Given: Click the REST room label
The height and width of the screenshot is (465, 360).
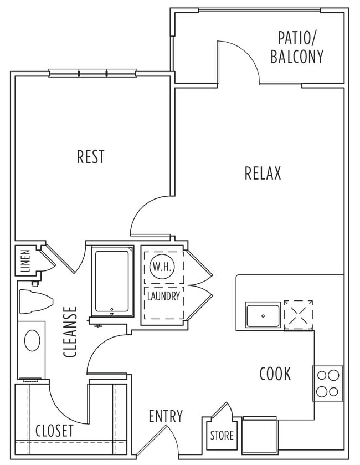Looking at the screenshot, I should (x=90, y=156).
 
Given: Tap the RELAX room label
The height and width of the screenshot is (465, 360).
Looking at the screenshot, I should (x=263, y=173).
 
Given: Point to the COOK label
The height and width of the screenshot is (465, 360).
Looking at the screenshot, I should (x=275, y=374).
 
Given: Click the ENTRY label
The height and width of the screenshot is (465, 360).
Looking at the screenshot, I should (x=166, y=416).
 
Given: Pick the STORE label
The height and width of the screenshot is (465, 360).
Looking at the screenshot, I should (x=222, y=436).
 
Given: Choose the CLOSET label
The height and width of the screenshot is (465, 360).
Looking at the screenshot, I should (x=54, y=431).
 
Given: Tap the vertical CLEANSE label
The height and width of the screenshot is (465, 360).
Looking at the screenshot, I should (x=70, y=332).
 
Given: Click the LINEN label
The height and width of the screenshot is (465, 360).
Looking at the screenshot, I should (x=25, y=260).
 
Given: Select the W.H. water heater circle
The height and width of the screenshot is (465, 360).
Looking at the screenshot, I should (x=162, y=267).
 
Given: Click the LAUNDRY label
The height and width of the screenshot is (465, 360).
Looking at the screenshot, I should (x=163, y=296).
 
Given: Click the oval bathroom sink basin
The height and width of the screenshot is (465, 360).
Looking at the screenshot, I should (x=31, y=339).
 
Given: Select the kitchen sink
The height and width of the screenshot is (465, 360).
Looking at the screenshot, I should (x=263, y=315).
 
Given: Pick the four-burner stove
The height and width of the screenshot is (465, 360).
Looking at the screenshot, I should (x=327, y=384).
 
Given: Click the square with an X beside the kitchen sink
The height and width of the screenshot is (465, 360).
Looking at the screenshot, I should (x=299, y=315).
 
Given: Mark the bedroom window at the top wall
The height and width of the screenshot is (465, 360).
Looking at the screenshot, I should (x=92, y=73).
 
